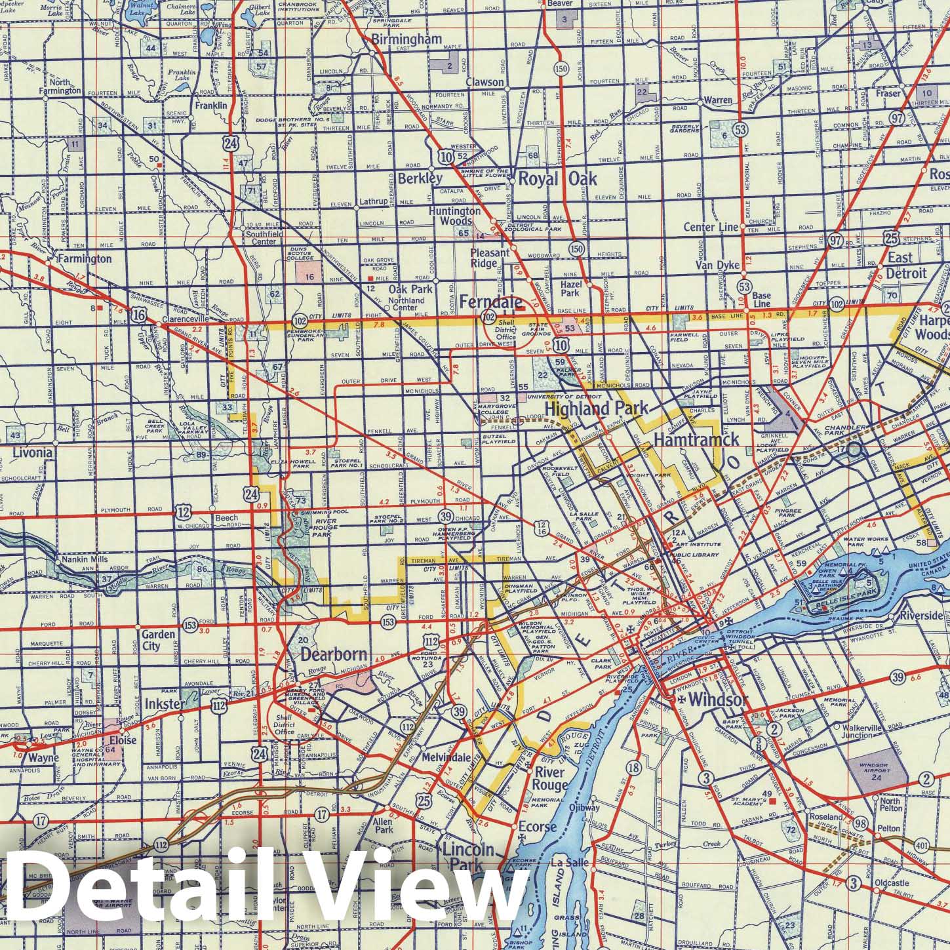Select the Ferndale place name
coord(490,302)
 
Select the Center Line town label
coord(711,228)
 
